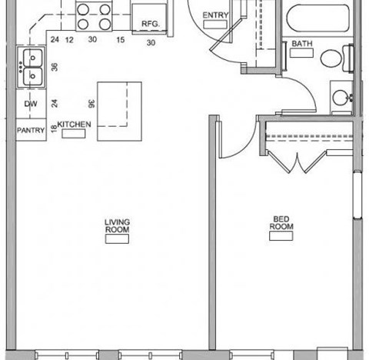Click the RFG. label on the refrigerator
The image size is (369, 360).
pos(149,24)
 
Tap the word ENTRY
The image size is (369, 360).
pos(214,15)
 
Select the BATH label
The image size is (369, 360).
pos(302,44)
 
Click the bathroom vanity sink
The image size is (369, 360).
pos(341,98)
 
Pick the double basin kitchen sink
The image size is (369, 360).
pos(32,67)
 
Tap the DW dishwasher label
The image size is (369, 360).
pos(31,104)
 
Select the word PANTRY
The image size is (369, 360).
pos(32,130)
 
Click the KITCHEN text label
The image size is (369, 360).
pos(75,124)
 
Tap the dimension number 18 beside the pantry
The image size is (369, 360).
pos(53,129)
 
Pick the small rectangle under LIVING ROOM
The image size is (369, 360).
pos(118,239)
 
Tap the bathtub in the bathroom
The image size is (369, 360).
pos(319,15)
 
